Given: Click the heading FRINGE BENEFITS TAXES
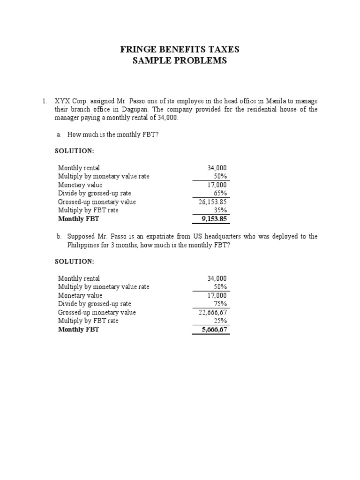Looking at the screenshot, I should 180,49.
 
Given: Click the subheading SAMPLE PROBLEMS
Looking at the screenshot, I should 180,60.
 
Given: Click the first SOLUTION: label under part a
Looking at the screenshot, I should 75,151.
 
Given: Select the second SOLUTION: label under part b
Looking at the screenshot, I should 75,262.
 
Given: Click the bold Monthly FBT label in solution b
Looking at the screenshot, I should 79,330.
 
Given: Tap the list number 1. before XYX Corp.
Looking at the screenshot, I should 45,101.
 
